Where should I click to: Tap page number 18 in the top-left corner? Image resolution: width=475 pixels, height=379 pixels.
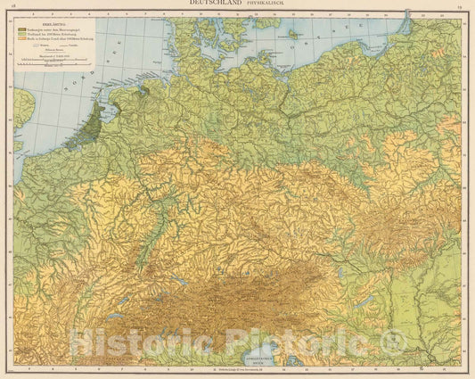click(12, 5)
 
